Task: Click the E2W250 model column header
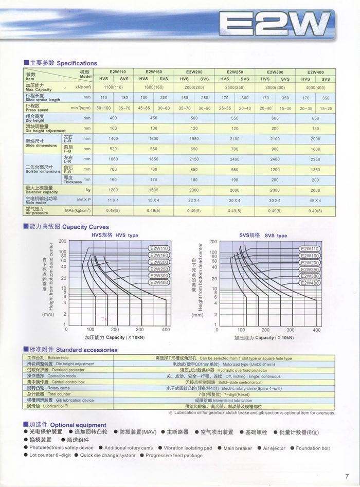(235, 72)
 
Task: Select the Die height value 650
(315, 118)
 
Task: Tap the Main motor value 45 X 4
(315, 200)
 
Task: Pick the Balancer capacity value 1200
(113, 190)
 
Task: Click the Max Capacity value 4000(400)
(315, 87)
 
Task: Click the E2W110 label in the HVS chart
(159, 249)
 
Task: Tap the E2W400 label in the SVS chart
(310, 283)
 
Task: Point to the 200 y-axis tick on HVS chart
(62, 241)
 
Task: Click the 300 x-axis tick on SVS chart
(291, 330)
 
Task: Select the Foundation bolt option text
(313, 448)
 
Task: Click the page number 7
(347, 476)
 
